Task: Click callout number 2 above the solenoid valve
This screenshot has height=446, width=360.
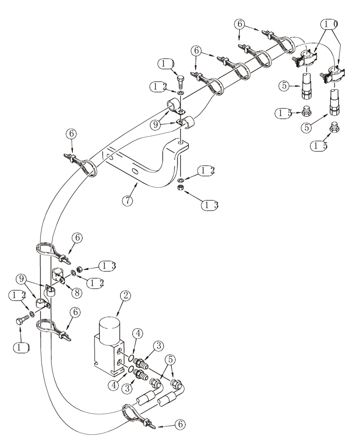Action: pyautogui.click(x=126, y=295)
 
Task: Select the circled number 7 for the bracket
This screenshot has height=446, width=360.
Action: pyautogui.click(x=127, y=201)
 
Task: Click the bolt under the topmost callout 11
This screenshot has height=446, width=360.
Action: pyautogui.click(x=180, y=82)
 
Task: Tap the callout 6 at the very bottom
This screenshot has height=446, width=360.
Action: pyautogui.click(x=180, y=425)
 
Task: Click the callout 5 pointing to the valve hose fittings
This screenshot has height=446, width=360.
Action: pyautogui.click(x=170, y=359)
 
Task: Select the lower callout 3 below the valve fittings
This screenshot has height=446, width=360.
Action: pyautogui.click(x=128, y=388)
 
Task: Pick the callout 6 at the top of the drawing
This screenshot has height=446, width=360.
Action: pyautogui.click(x=241, y=25)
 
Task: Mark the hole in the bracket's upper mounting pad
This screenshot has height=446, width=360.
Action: pyautogui.click(x=180, y=144)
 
